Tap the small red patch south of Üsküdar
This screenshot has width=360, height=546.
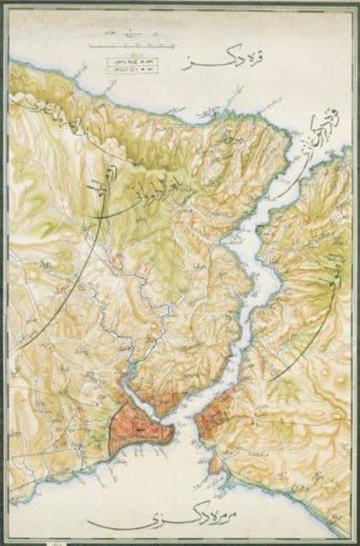[x=216, y=464]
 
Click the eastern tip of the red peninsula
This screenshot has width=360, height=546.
[x=172, y=431]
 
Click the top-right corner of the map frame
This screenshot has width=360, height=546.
[x=352, y=6]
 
